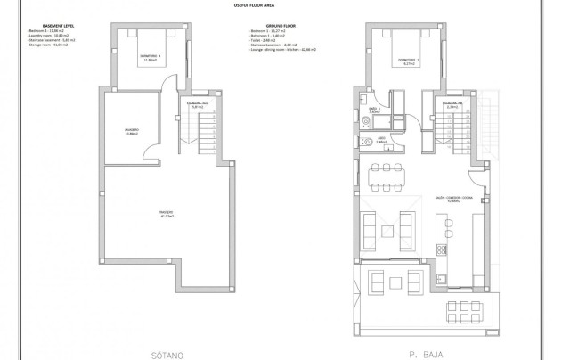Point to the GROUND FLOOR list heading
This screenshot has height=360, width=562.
266,26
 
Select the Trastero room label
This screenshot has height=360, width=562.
166,213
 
